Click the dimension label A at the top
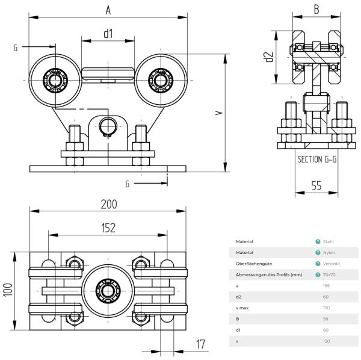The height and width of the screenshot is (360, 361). coord(108,10)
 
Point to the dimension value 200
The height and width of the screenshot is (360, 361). coord(109,204)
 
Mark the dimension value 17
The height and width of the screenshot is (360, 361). coord(201,344)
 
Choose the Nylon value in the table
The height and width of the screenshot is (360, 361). coord(329,253)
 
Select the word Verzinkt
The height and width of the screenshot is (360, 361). coord(331,264)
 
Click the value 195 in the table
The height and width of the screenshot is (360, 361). coord(327,286)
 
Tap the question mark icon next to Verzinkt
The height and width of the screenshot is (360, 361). coord(317,264)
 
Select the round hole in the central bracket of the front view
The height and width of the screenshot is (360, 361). coord(108,126)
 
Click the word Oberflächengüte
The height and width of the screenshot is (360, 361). coord(252,264)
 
